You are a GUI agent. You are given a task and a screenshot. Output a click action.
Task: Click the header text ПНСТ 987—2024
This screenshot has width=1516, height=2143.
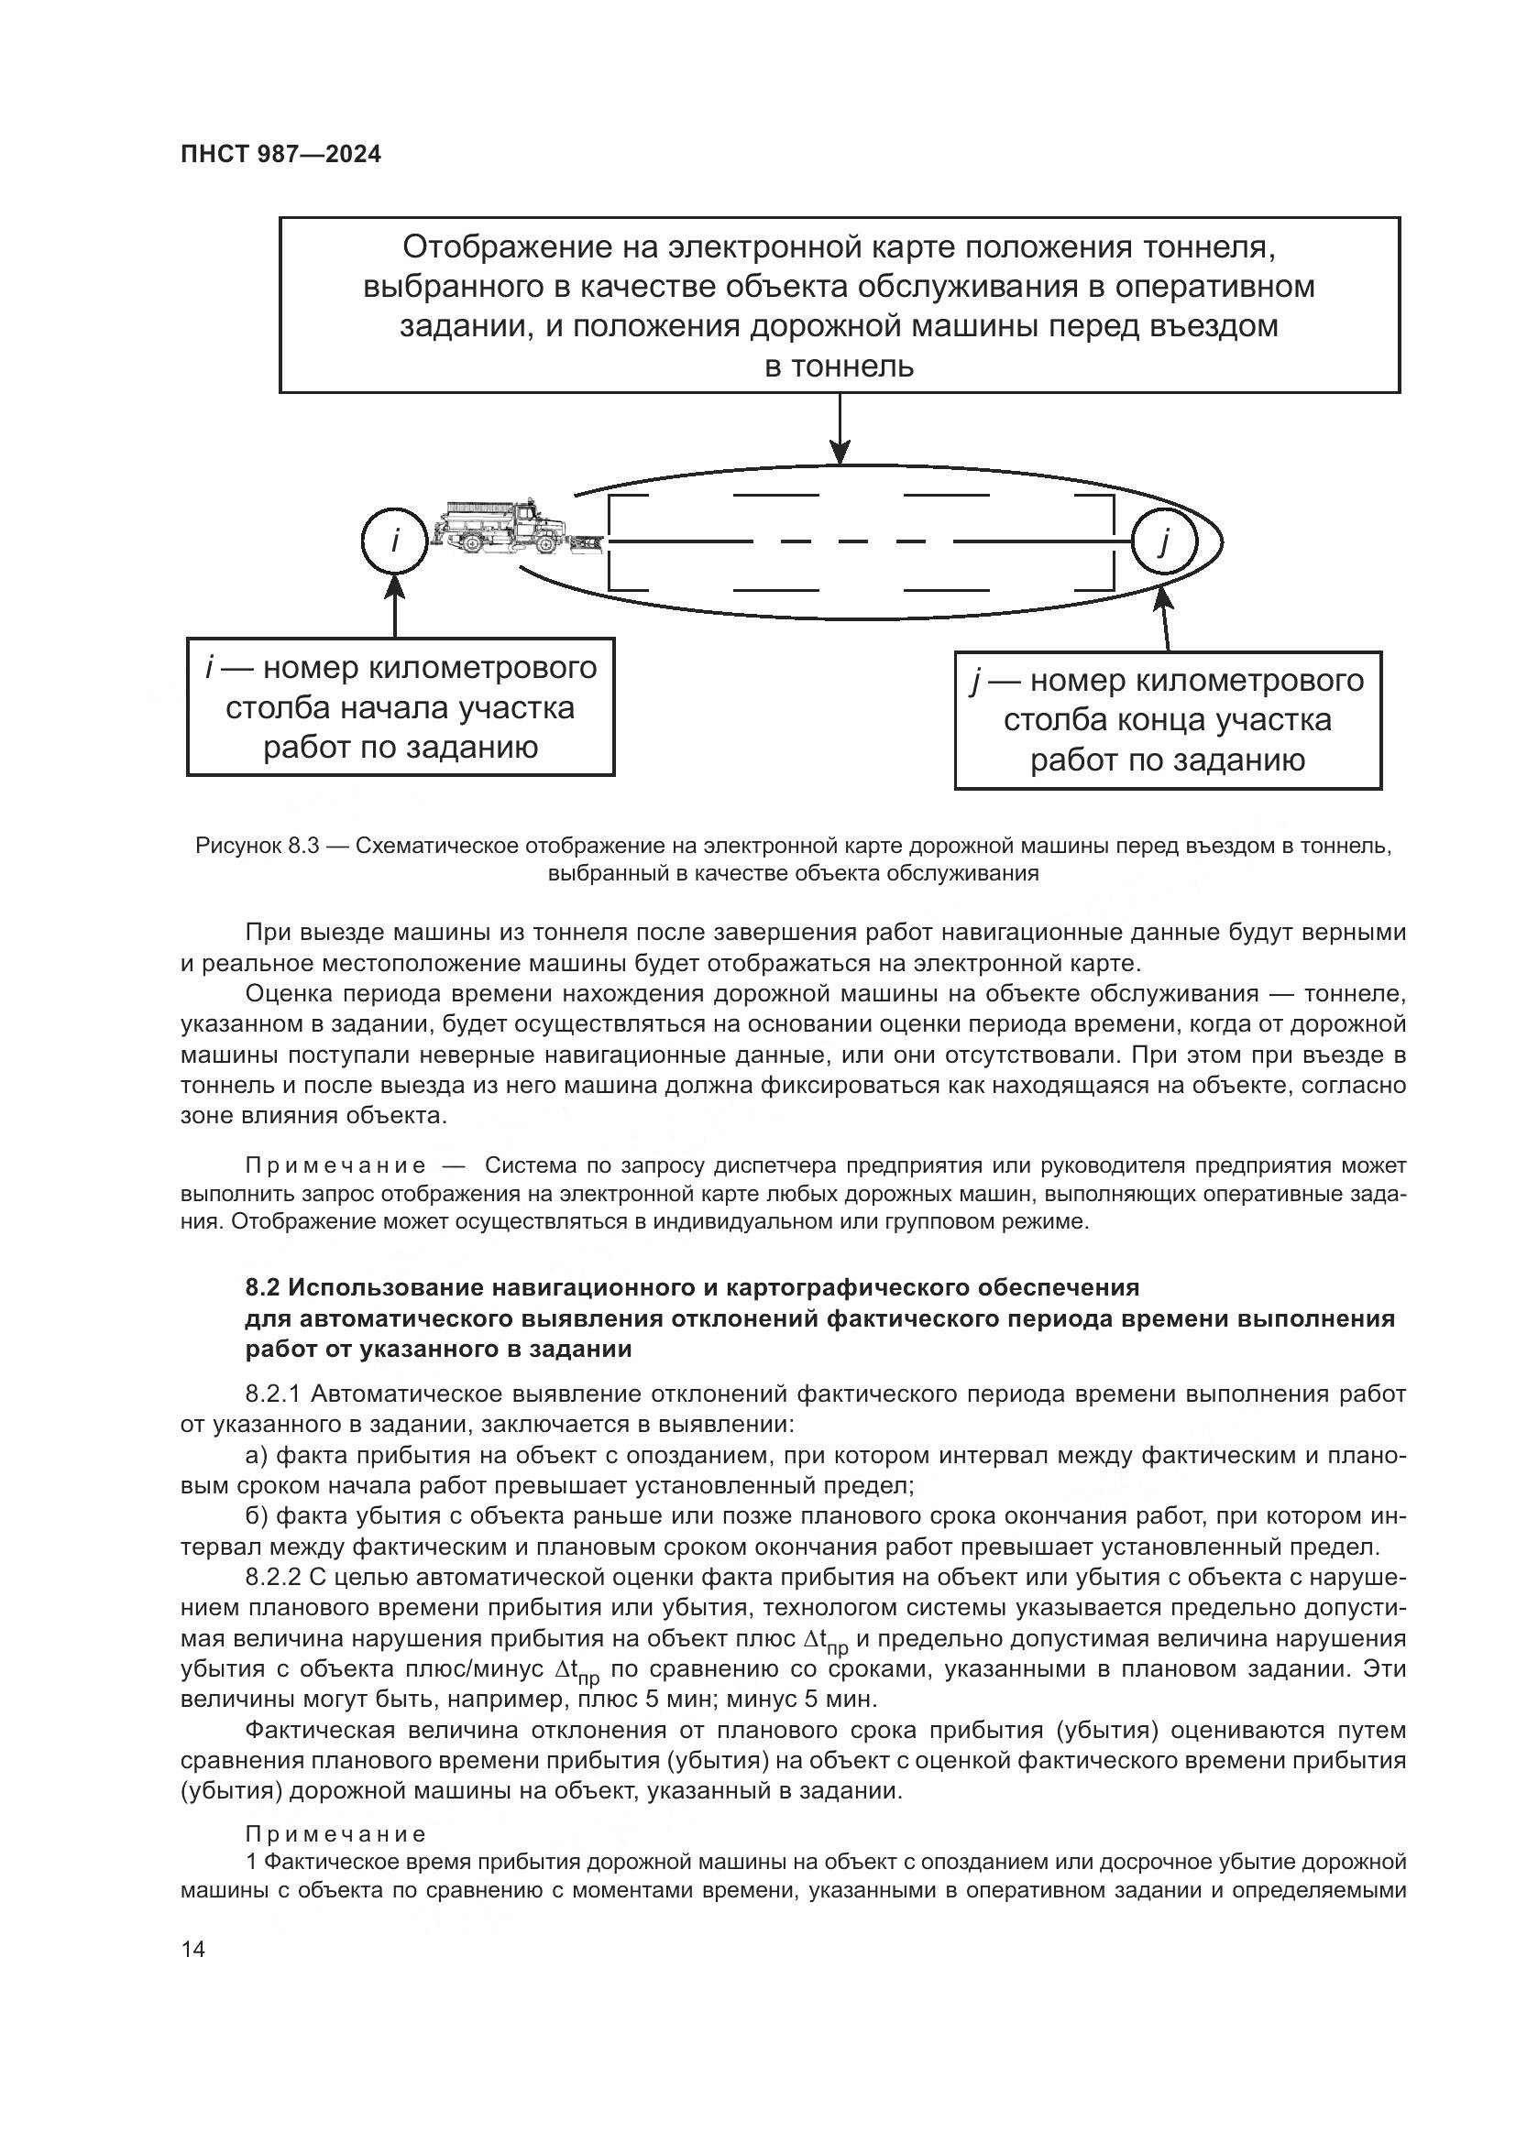coord(280,155)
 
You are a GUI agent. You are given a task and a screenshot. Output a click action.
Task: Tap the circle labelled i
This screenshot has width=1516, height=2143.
coord(395,541)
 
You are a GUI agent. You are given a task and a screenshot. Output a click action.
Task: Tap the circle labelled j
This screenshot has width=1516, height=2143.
coord(1164,541)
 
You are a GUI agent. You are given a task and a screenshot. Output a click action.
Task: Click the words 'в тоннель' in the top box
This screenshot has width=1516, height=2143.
coord(839,366)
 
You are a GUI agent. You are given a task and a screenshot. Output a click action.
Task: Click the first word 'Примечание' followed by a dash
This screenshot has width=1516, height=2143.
coord(335,1165)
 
